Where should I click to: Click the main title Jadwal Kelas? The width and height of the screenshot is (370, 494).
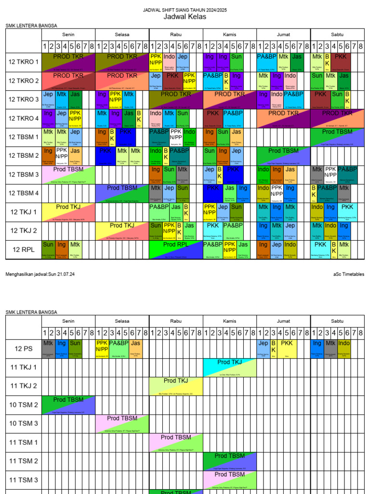point(185,17)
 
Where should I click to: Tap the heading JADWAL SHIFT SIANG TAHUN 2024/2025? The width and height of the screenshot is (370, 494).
point(185,10)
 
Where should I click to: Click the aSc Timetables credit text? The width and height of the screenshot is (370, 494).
point(348,274)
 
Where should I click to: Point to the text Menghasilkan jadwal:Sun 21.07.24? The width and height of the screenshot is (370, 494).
point(40,274)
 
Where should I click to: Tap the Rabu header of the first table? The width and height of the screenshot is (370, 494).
point(176,35)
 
